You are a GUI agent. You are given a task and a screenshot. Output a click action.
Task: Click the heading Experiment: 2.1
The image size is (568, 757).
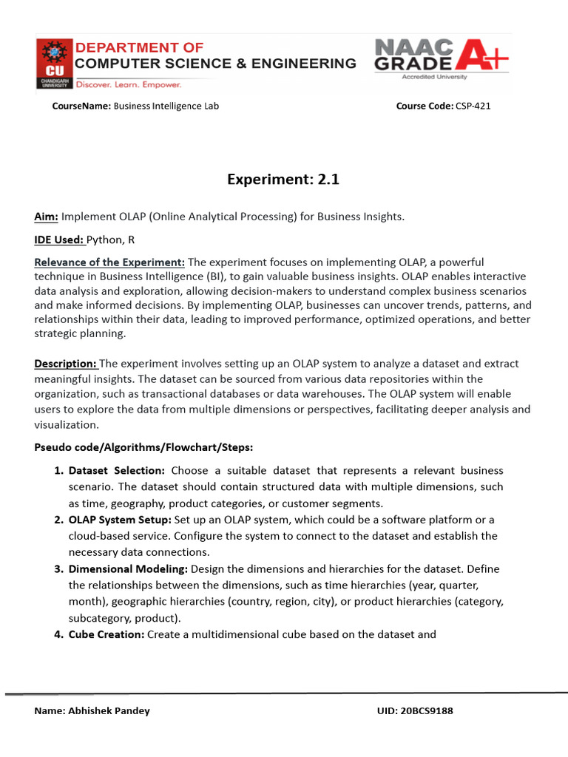pyautogui.click(x=283, y=179)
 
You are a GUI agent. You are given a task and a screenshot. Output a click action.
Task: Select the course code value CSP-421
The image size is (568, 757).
pyautogui.click(x=473, y=106)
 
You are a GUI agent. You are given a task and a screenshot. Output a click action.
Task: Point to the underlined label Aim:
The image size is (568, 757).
pyautogui.click(x=46, y=217)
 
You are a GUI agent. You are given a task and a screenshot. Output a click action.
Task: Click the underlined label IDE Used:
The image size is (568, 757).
pyautogui.click(x=60, y=240)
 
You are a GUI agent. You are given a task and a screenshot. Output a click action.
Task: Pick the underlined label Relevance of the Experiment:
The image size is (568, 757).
pyautogui.click(x=109, y=262)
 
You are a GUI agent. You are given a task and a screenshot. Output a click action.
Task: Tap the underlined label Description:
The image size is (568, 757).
pyautogui.click(x=66, y=364)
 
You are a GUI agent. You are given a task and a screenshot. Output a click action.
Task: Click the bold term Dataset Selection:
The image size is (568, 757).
pyautogui.click(x=117, y=471)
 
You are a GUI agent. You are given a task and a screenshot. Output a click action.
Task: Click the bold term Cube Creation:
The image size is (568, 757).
pyautogui.click(x=106, y=634)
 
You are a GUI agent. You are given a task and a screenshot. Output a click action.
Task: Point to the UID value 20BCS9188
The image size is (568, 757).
pyautogui.click(x=427, y=710)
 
